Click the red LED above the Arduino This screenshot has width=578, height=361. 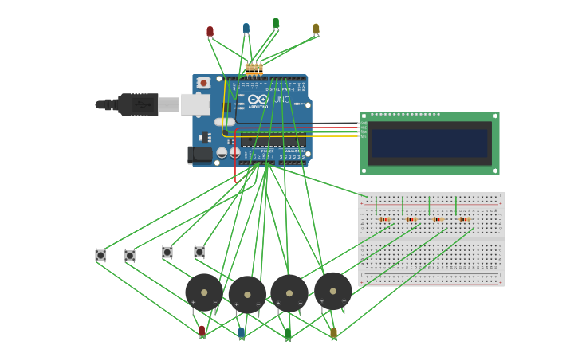tap(210, 32)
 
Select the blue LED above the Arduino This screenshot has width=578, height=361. tap(246, 28)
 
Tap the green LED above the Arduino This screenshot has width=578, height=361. tap(276, 23)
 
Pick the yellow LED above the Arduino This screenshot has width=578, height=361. tap(316, 29)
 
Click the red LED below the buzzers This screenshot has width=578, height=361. tap(202, 330)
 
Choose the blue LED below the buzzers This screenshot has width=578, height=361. tap(242, 332)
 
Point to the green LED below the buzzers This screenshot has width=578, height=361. tap(288, 333)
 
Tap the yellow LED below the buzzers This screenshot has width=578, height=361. tap(333, 332)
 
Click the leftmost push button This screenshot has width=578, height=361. tap(100, 255)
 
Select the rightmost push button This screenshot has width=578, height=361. tap(199, 252)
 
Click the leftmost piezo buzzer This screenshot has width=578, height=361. tap(204, 292)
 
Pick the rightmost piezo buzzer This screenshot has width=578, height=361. tap(332, 291)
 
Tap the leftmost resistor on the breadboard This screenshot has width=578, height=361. tap(384, 219)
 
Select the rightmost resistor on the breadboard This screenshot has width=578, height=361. tap(464, 219)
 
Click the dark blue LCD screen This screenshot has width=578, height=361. tap(429, 143)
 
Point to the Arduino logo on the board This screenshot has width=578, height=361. tap(258, 100)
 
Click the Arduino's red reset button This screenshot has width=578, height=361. tap(203, 83)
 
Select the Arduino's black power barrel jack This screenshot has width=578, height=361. tap(200, 155)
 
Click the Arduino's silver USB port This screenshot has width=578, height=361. tap(195, 104)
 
